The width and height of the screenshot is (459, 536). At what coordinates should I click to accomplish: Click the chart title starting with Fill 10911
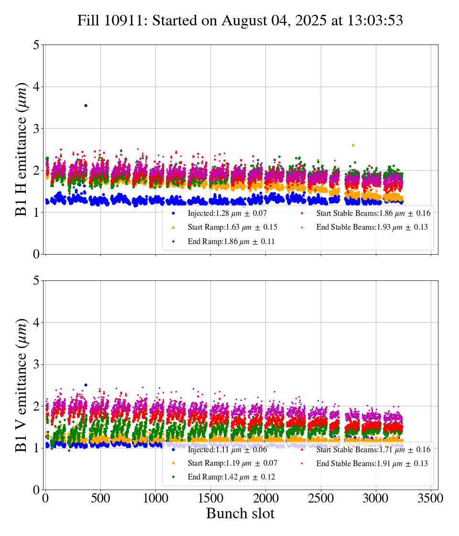coord(240,21)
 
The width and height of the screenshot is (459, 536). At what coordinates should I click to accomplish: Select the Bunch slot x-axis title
coord(240,514)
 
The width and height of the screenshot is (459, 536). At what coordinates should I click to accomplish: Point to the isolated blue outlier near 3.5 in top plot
coord(86,105)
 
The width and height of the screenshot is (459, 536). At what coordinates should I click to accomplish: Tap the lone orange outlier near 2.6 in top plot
coord(353,145)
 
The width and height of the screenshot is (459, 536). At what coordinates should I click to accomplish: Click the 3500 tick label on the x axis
coord(431,498)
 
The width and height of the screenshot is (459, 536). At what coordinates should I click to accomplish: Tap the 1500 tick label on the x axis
coord(210,498)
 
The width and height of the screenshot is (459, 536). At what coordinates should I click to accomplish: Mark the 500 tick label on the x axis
coord(100,498)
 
